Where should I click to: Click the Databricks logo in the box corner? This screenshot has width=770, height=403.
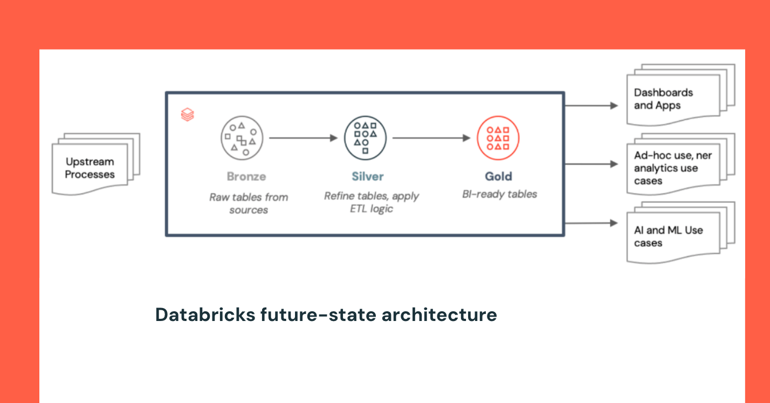pos(187,114)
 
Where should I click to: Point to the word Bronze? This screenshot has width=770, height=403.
pos(246,176)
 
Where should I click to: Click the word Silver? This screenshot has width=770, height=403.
pos(367,176)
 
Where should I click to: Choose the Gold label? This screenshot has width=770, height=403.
pos(498,176)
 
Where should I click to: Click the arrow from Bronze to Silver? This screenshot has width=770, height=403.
pos(303,138)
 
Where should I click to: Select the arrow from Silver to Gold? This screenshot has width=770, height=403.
pos(431,138)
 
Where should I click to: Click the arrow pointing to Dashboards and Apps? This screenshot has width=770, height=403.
pos(591,106)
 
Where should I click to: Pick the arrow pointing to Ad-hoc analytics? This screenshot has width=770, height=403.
pos(591,164)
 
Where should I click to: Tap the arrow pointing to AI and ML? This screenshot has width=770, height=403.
pos(591,223)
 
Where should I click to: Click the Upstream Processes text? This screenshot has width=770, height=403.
pos(90,168)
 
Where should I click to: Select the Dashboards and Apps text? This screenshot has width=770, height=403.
pos(663,99)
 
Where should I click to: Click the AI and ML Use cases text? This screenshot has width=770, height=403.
pos(669,236)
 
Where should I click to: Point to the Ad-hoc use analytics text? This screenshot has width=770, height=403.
pos(673,168)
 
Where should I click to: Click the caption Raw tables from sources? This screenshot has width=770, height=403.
pos(249,203)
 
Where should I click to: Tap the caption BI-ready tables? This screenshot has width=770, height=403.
pos(499,194)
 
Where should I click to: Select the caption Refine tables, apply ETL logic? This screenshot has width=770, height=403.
pos(372,202)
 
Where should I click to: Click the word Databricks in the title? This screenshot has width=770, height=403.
pos(205,315)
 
